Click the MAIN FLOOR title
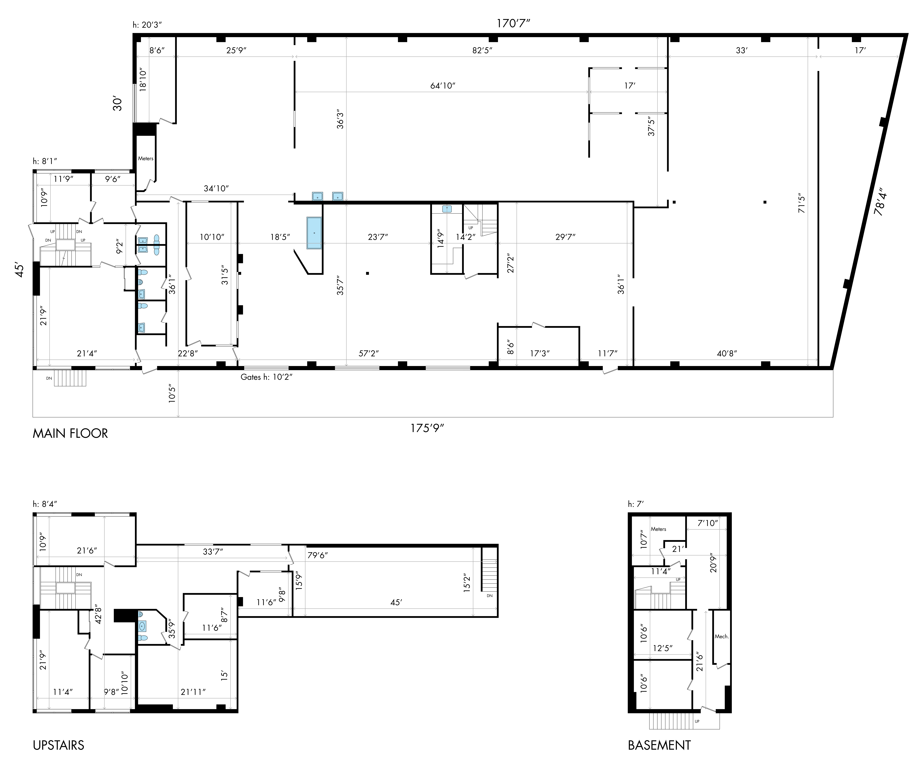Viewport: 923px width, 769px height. coord(70,433)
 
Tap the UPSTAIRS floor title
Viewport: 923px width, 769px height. coord(58,745)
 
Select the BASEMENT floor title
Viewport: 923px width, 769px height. coord(659,745)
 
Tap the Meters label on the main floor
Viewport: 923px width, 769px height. coord(145,158)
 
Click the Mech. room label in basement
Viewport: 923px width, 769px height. coord(722,636)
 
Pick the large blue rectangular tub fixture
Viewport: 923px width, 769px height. coord(314,233)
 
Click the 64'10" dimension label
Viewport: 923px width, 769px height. coord(443,86)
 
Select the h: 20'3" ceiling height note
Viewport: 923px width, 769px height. coord(147,25)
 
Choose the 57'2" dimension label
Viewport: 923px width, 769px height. coord(368,353)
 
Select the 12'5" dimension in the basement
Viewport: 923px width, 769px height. coord(663,648)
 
